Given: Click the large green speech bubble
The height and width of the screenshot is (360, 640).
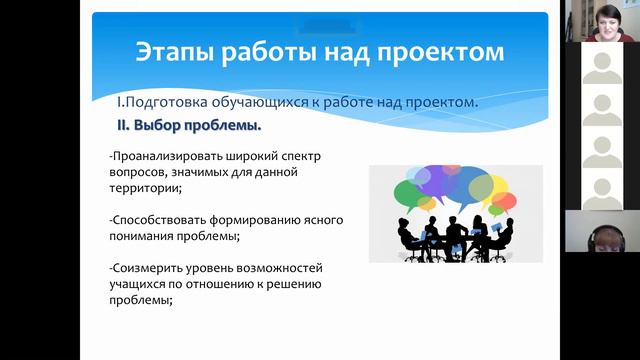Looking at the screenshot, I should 411,192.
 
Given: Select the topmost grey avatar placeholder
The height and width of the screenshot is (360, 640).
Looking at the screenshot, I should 601,67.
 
